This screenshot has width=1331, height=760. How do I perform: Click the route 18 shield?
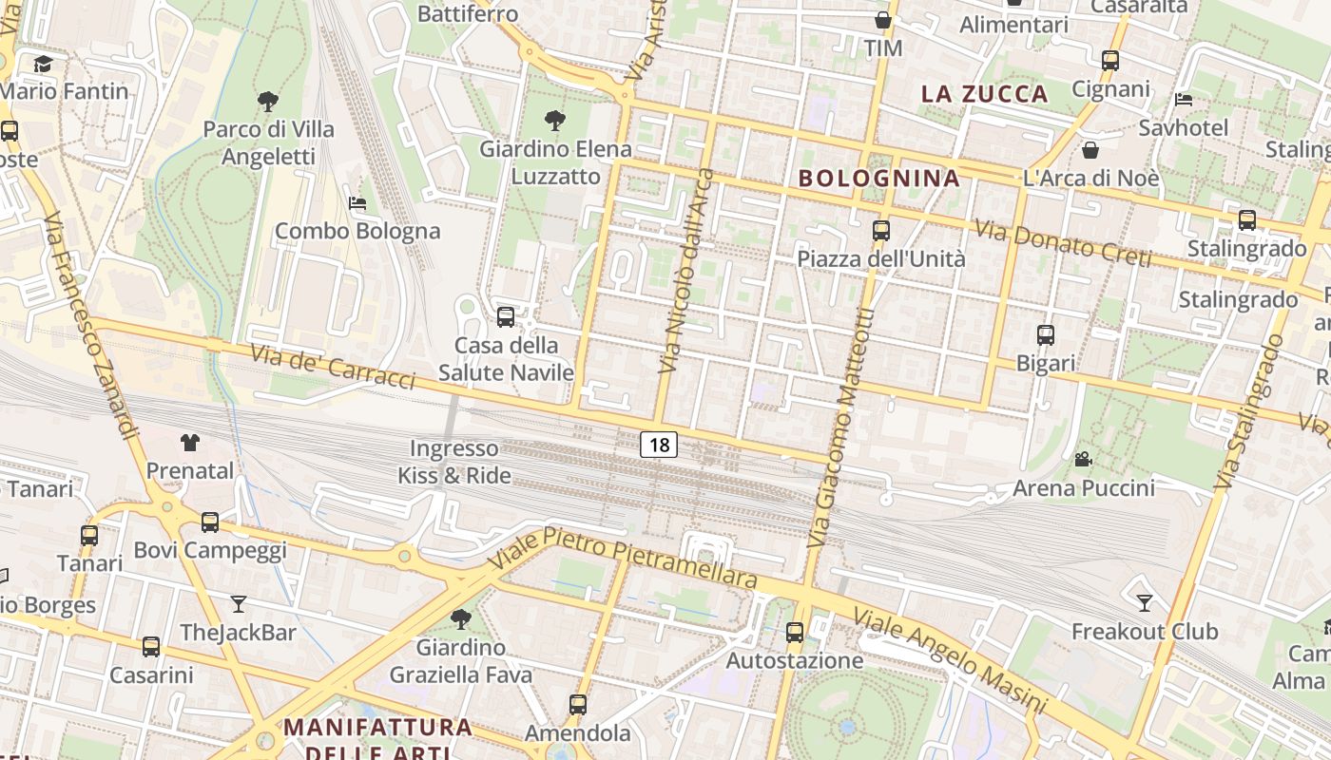pos(658,444)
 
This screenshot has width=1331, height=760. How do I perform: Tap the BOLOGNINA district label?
pos(878,178)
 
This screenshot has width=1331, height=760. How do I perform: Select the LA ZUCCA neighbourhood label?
pos(985,93)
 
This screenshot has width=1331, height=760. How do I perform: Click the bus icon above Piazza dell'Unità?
pos(881,230)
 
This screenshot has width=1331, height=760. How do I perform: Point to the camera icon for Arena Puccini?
pos(1083,460)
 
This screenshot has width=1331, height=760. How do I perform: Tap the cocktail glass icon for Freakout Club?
pos(1145,602)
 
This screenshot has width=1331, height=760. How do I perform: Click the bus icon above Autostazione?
pos(795,632)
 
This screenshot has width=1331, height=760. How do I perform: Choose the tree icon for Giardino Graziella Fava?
pos(461,619)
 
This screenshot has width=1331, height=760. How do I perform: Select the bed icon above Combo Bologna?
pos(357,202)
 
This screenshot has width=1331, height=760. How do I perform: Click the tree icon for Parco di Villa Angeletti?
pos(268,101)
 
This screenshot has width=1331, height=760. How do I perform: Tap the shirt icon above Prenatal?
pos(190,442)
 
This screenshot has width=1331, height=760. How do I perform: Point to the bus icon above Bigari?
pos(1046,334)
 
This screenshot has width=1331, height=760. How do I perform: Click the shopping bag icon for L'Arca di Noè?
pos(1090,150)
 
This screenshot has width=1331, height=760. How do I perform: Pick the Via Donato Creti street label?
pos(1063,243)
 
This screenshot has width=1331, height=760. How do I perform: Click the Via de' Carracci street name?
pos(333,366)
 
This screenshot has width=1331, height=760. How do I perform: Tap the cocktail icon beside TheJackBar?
pos(238,603)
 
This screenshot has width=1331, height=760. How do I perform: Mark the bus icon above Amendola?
pos(578,704)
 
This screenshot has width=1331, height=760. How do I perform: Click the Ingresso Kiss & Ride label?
pos(454,462)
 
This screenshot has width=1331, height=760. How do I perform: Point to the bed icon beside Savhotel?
pos(1184,99)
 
